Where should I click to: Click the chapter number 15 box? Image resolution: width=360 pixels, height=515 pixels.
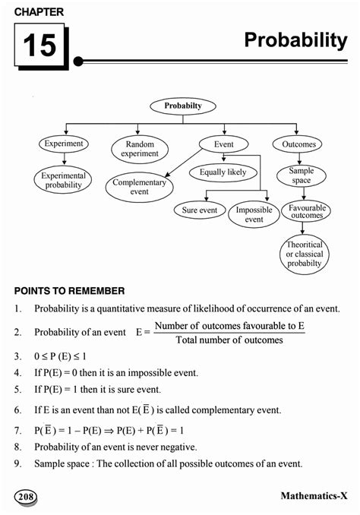click(x=39, y=45)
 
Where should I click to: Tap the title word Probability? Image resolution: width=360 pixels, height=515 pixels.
click(x=295, y=41)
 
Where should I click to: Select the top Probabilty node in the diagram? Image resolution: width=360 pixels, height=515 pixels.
click(x=183, y=106)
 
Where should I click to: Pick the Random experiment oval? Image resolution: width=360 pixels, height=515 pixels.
click(x=138, y=148)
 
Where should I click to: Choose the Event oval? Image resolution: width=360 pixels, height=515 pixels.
click(x=223, y=144)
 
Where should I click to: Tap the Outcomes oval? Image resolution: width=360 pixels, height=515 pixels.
click(x=297, y=144)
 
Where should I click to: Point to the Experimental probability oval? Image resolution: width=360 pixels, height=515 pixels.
click(x=63, y=180)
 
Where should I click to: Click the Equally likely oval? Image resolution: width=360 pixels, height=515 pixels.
click(x=223, y=172)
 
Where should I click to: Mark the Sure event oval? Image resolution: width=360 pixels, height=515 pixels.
click(x=200, y=210)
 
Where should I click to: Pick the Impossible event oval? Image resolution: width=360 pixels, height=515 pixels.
click(x=254, y=214)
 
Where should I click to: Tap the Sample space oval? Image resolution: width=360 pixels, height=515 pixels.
click(x=301, y=176)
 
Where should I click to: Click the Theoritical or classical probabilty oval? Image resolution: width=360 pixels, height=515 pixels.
click(x=304, y=254)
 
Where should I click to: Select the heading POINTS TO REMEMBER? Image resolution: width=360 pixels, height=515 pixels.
click(x=69, y=291)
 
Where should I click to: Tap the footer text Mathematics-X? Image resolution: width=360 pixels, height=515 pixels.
click(x=313, y=496)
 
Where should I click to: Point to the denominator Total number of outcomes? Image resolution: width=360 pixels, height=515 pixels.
click(x=229, y=340)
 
